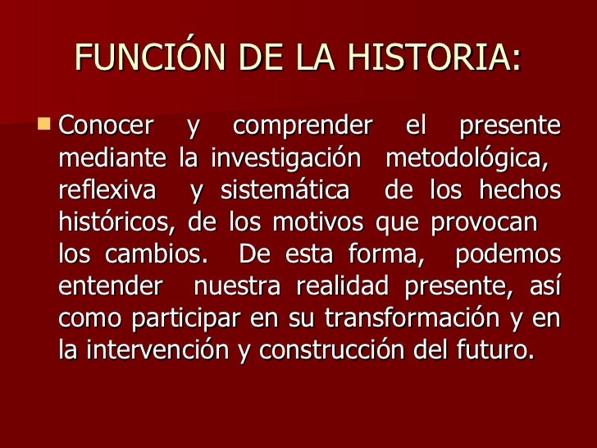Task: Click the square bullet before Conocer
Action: tap(43, 126)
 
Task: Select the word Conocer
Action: tap(107, 127)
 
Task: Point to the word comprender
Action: tap(302, 127)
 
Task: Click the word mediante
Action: tap(114, 159)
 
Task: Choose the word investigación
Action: tap(285, 159)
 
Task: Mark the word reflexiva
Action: tap(107, 191)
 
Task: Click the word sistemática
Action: tap(285, 191)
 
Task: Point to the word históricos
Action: tap(118, 223)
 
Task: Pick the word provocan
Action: tap(489, 223)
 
